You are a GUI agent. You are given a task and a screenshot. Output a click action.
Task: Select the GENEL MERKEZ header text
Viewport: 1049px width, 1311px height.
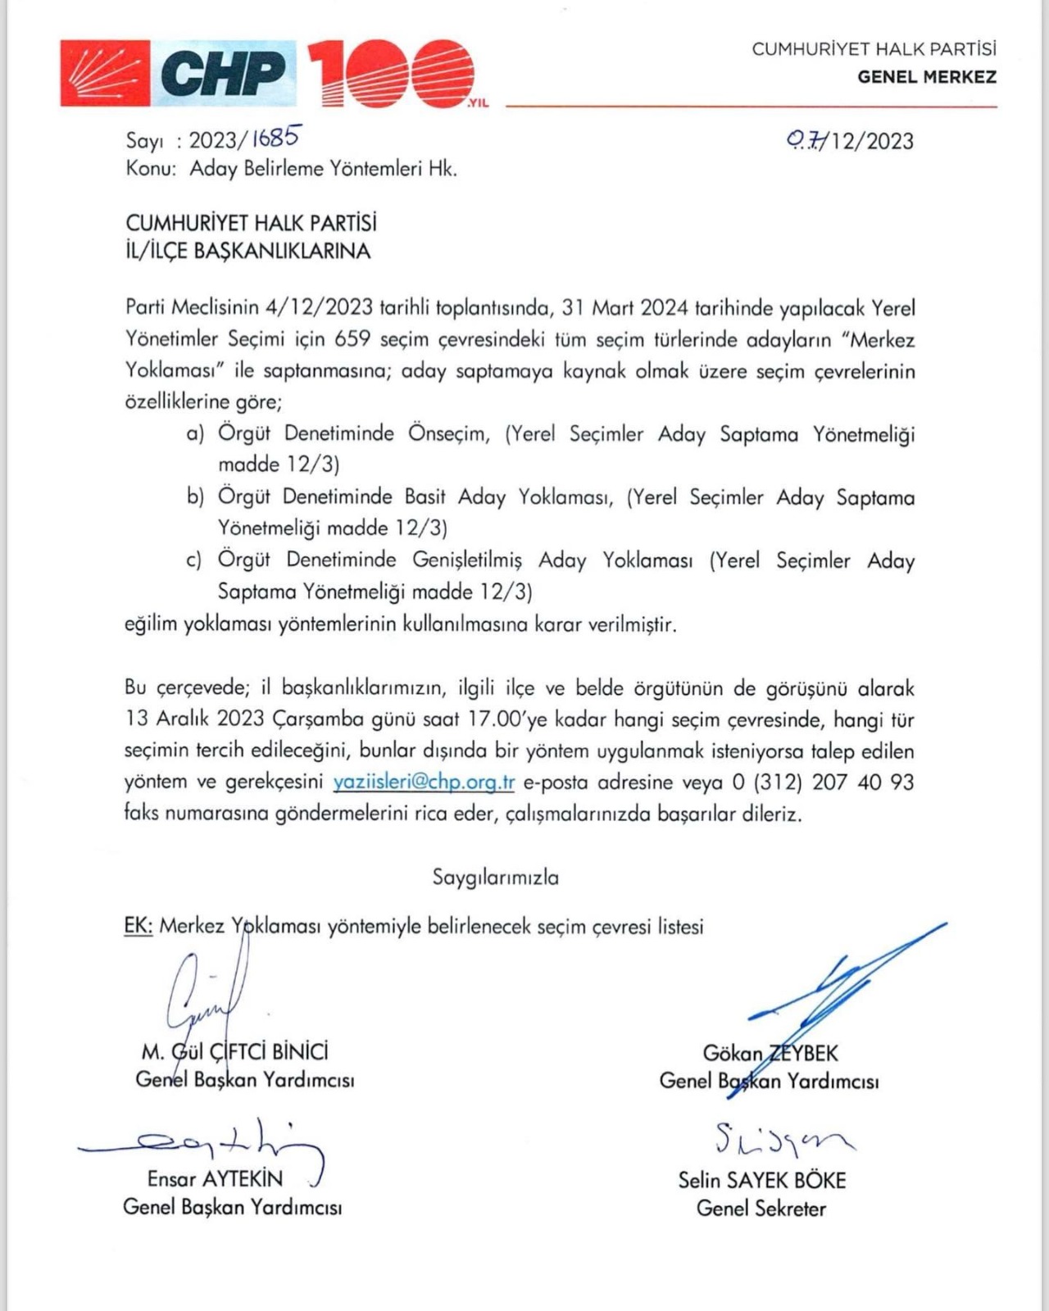click(x=927, y=77)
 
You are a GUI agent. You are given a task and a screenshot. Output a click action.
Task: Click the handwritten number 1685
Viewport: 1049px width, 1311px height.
click(x=275, y=138)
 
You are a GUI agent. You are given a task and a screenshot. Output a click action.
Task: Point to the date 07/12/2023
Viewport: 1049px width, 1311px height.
click(x=850, y=141)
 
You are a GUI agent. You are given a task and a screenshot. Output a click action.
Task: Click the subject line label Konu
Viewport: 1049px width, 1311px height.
click(x=150, y=169)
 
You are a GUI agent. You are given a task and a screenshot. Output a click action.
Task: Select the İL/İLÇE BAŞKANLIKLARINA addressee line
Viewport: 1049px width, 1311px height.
click(x=247, y=251)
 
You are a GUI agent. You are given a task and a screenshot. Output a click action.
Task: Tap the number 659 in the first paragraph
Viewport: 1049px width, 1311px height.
click(x=353, y=340)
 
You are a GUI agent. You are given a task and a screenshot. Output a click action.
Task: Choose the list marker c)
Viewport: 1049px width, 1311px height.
click(x=194, y=560)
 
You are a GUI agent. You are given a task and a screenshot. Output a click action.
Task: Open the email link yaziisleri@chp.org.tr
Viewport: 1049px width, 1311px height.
click(x=424, y=783)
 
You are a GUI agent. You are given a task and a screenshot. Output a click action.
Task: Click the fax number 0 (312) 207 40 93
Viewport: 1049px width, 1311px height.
click(x=822, y=783)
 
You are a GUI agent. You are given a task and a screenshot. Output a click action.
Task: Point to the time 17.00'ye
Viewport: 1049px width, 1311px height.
click(x=507, y=719)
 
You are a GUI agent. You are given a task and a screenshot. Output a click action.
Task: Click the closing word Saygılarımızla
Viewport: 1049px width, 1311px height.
click(x=496, y=878)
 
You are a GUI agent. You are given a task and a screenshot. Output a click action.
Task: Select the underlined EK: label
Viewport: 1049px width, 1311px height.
click(x=139, y=926)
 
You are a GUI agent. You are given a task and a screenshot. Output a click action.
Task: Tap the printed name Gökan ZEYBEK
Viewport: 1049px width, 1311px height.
click(x=770, y=1053)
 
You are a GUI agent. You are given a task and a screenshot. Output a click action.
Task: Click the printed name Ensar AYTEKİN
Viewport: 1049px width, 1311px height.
click(x=215, y=1179)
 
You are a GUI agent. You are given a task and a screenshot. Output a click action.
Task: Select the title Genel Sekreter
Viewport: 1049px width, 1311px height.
click(x=761, y=1209)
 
